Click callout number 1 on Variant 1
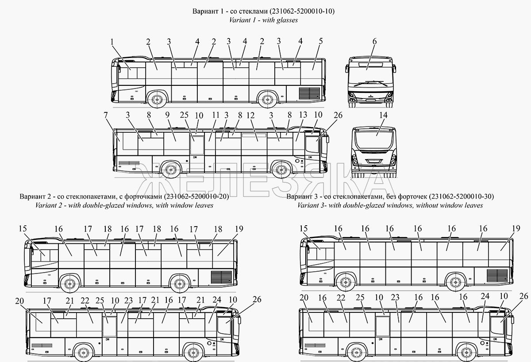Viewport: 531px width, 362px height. pos(112,42)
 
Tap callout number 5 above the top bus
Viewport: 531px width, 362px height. pos(320,42)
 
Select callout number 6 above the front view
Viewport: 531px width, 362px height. pos(374,42)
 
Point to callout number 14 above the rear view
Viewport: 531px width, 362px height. pos(383,116)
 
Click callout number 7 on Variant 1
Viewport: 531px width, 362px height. pos(106,116)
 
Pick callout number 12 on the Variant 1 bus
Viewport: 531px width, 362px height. pos(250,116)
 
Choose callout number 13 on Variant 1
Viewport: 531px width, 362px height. pos(303,116)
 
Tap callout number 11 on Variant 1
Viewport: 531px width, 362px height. pos(215,116)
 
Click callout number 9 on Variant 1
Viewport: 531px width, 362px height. pos(167,116)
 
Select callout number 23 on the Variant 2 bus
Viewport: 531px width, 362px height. pos(128,300)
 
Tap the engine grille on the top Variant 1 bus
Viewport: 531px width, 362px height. pos(310,93)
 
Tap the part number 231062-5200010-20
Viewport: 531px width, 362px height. pos(196,196)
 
